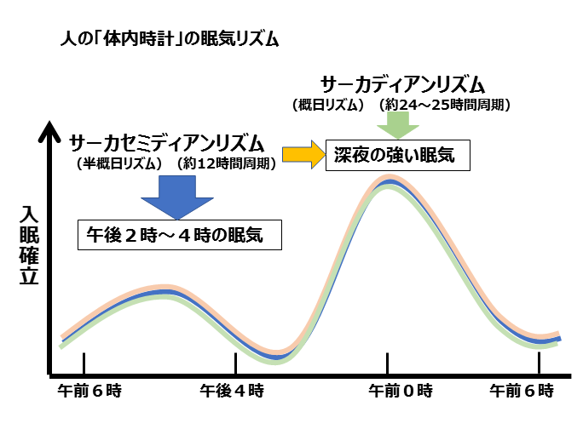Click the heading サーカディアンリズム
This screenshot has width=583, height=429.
(402, 85)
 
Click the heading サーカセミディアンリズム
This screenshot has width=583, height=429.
(167, 143)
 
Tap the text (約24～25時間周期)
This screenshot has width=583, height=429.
(446, 105)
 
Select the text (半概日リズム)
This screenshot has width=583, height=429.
(119, 162)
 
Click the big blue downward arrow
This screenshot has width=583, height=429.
(178, 193)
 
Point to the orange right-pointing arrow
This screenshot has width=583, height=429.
(303, 156)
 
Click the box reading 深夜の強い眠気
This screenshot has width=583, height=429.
(396, 156)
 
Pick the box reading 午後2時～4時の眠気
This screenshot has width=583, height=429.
(180, 235)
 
